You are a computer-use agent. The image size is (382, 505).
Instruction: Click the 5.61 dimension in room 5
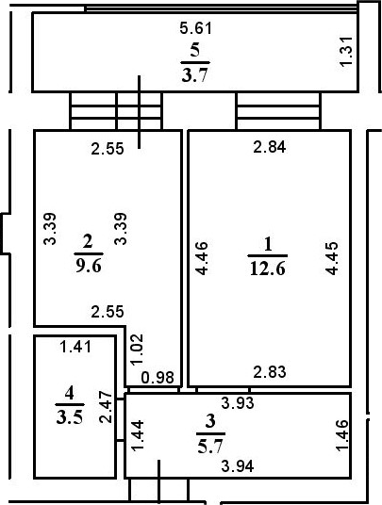click(x=196, y=28)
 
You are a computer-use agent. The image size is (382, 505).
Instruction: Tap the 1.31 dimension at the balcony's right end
click(x=347, y=52)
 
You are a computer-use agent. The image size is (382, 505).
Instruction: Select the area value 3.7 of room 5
click(x=195, y=76)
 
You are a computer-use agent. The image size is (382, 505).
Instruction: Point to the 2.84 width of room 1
click(x=270, y=147)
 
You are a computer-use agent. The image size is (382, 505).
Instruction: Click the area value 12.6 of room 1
click(x=268, y=269)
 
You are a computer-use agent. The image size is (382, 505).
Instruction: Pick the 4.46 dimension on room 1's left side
click(x=202, y=258)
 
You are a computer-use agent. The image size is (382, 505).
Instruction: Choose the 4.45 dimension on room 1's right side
click(x=332, y=258)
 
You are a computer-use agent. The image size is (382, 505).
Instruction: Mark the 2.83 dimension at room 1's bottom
click(x=270, y=372)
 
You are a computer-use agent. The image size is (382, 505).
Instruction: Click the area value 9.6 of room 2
click(x=89, y=266)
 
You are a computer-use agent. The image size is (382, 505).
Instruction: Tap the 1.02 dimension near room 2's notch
click(x=137, y=350)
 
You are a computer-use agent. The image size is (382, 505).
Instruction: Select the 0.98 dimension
click(x=158, y=378)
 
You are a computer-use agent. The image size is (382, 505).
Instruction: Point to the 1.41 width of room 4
click(x=75, y=347)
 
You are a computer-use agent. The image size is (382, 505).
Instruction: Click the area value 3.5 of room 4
click(x=70, y=416)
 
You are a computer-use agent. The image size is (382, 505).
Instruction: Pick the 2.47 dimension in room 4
click(x=106, y=407)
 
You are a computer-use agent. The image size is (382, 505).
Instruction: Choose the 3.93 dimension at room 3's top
click(x=238, y=403)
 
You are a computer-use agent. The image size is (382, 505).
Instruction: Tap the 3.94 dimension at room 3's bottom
click(x=238, y=465)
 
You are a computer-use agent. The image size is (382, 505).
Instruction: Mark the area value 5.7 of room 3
click(x=210, y=447)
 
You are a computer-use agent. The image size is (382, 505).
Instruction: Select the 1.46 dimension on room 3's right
click(x=342, y=435)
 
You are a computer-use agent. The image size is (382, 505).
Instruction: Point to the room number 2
click(x=88, y=241)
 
